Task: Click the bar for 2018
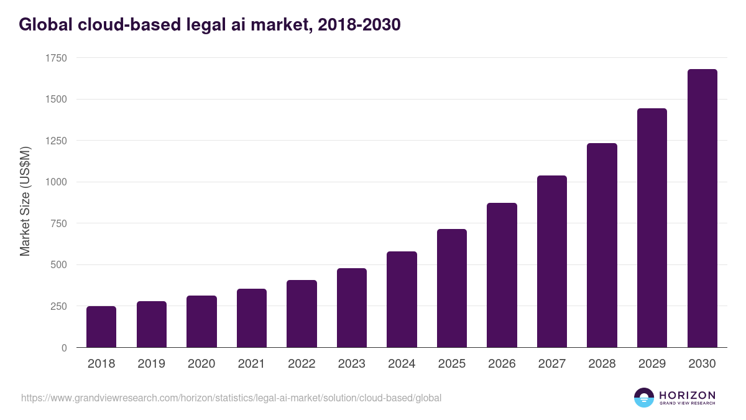tap(101, 327)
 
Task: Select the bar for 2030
tap(702, 208)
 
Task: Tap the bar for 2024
tap(402, 299)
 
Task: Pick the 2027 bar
tap(552, 261)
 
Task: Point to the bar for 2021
tap(252, 318)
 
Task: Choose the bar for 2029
tap(652, 228)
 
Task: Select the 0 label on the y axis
tap(64, 348)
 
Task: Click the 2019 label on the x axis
tap(151, 364)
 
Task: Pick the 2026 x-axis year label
tap(502, 364)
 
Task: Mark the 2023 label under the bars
tap(351, 364)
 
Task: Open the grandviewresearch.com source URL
tap(231, 398)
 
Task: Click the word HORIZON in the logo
tap(687, 394)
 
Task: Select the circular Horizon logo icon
tap(644, 398)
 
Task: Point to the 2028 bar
tap(602, 245)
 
